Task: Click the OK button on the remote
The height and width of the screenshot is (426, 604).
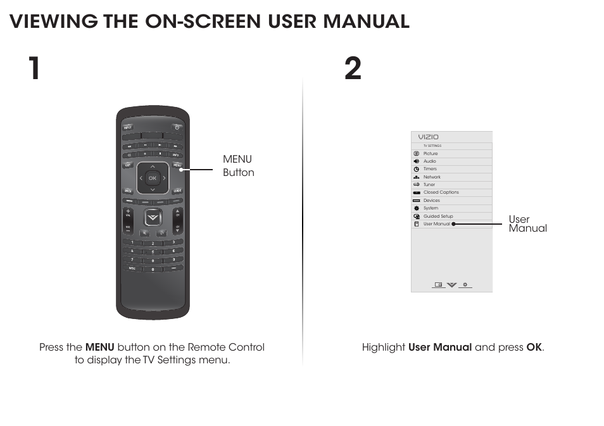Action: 152,179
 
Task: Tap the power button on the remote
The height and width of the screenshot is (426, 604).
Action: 177,128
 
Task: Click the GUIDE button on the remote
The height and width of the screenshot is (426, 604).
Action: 178,191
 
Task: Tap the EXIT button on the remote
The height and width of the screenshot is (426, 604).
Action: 128,166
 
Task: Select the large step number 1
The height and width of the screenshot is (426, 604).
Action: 34,68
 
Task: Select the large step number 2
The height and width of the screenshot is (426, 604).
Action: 353,68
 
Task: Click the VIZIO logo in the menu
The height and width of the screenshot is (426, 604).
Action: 428,137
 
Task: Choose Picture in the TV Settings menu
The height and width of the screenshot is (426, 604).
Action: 431,154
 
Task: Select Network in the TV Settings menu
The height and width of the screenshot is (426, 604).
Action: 432,177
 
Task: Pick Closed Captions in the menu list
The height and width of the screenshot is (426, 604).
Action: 441,192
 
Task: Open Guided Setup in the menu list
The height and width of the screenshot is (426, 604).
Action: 438,216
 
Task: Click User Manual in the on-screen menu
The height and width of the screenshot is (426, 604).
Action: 436,224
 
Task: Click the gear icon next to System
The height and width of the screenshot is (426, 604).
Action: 416,208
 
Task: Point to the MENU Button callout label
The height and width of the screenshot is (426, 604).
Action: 238,166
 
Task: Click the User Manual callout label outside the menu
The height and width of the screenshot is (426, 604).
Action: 527,224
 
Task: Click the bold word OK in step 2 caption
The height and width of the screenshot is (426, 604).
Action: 534,348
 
